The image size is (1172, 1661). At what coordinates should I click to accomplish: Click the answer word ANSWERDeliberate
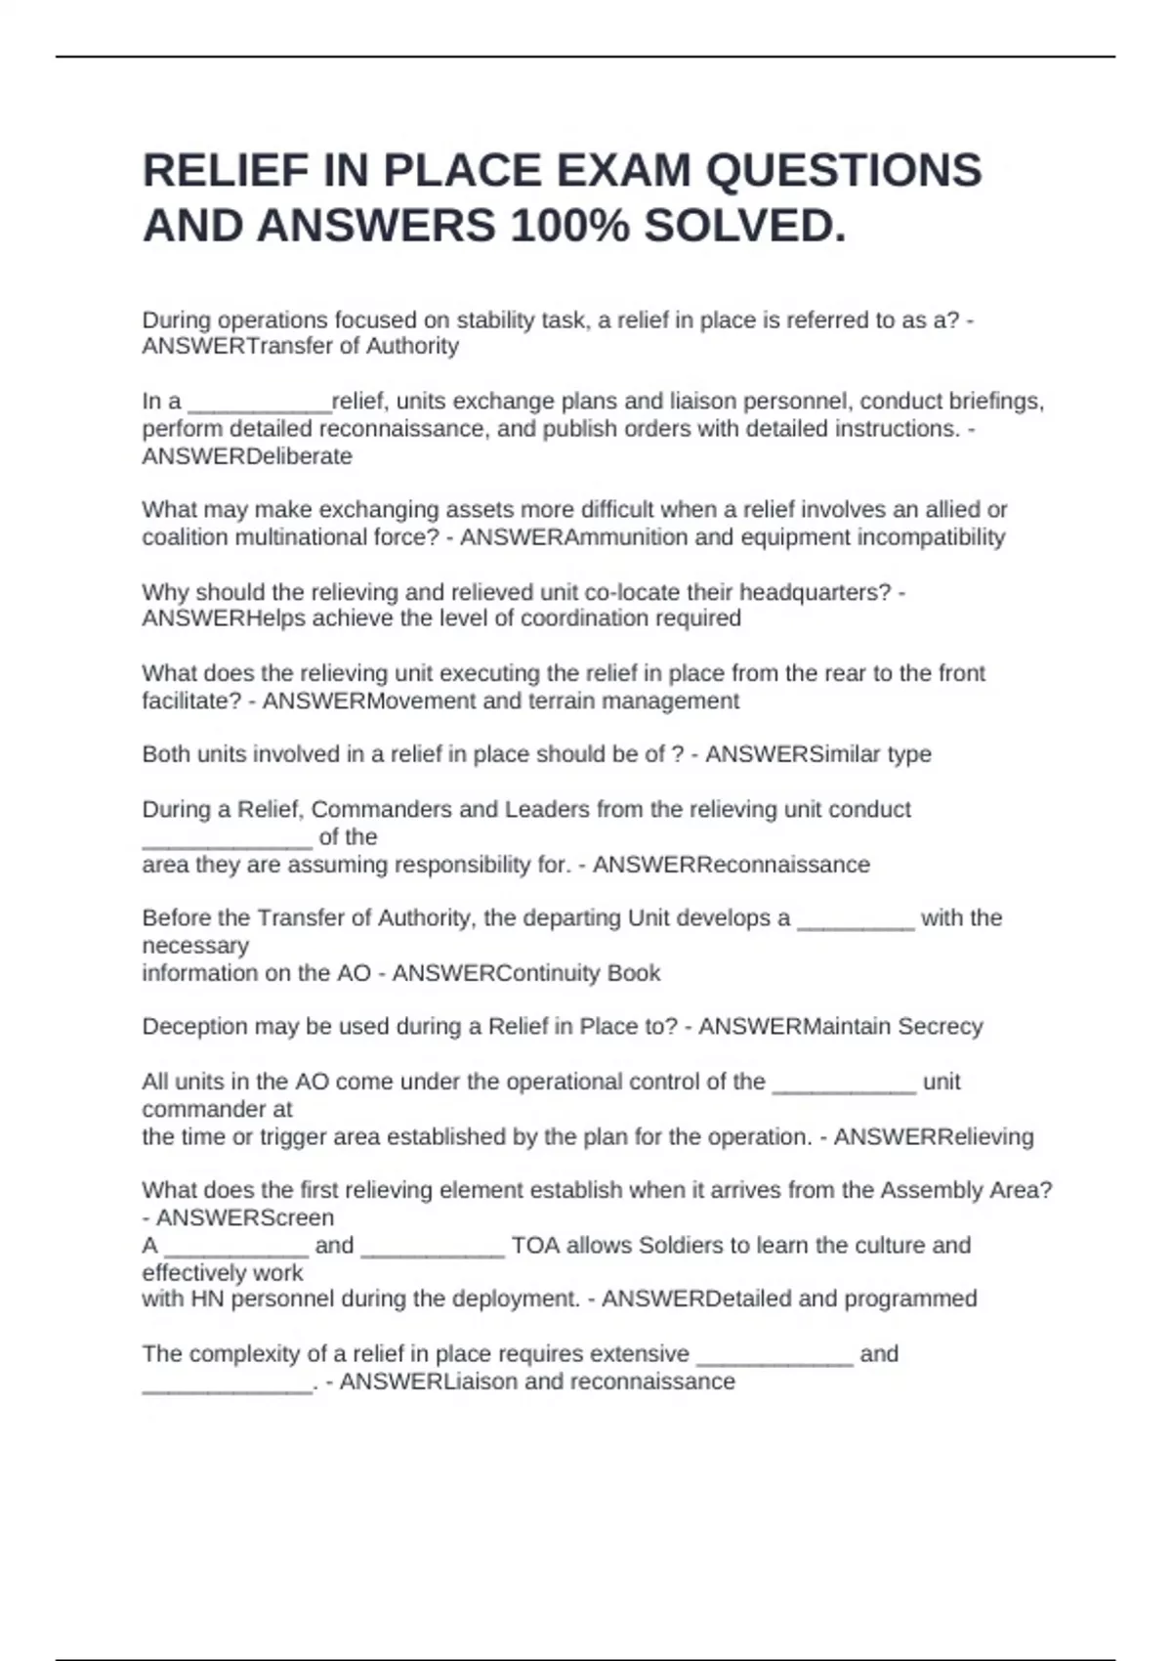[x=247, y=456]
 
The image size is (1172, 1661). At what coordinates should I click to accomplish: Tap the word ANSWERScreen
[x=245, y=1218]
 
